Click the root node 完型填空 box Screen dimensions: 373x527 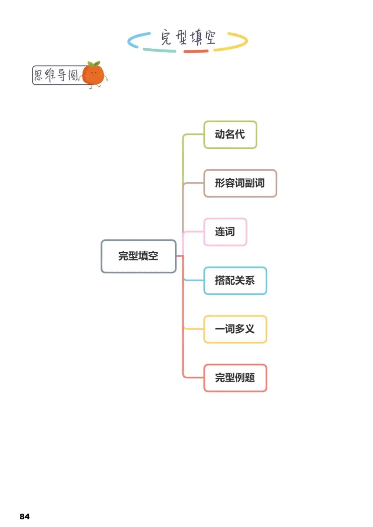138,256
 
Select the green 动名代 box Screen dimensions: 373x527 230,134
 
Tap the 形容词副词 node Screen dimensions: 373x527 240,183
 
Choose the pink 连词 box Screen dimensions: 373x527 225,232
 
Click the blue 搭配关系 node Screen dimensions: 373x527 235,281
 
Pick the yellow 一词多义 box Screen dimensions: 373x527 235,329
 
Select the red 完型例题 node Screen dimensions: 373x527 235,378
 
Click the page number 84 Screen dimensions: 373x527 25,516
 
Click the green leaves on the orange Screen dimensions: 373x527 94,64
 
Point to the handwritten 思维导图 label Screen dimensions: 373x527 56,75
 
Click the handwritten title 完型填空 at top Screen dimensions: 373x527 188,37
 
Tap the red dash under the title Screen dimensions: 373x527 196,51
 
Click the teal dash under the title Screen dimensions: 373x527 160,50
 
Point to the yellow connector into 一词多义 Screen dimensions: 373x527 193,329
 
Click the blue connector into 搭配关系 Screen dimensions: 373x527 193,280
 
